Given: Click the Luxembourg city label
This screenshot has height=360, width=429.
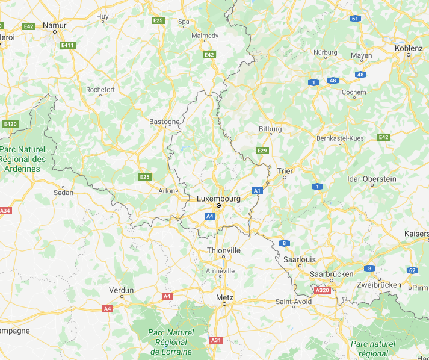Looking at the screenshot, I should (x=218, y=198).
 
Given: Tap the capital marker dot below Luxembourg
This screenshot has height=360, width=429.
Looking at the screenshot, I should (x=219, y=206).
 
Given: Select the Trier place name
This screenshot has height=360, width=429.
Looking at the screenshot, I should (x=285, y=170).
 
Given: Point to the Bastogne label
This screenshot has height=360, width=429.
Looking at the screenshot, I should (x=164, y=122).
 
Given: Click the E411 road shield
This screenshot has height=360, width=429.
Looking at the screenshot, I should (x=67, y=45).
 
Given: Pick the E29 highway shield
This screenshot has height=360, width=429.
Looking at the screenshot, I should (x=262, y=150).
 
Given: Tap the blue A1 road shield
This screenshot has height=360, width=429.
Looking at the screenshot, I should (x=258, y=191).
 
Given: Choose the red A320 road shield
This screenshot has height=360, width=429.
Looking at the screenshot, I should (x=323, y=290).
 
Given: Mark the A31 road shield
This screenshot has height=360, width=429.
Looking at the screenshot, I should (x=217, y=340).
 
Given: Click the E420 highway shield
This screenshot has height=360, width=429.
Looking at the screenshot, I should (x=10, y=124).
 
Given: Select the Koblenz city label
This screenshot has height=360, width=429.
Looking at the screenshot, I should (x=409, y=48).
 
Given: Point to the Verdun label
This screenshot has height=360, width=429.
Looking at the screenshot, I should (x=122, y=290).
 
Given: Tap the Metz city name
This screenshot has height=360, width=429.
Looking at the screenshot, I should (x=224, y=297).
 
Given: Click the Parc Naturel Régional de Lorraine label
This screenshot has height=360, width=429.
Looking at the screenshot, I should (x=171, y=341).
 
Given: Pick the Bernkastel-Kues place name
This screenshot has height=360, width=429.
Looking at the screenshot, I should (x=340, y=138).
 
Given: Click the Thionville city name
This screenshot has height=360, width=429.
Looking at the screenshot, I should (x=223, y=250).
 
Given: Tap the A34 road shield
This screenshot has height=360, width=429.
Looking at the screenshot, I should (x=5, y=211).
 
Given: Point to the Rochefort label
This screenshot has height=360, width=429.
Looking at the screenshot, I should (x=100, y=90).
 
